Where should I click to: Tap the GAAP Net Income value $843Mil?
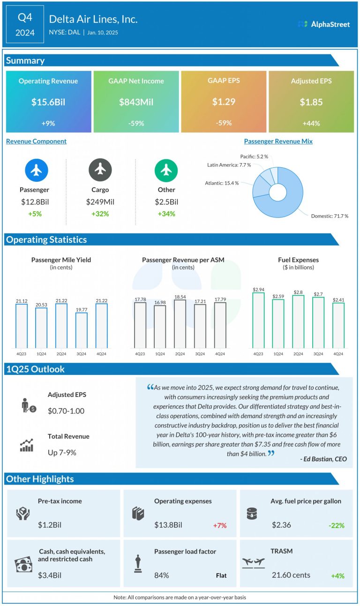[x=136, y=102]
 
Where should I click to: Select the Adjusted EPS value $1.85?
[x=311, y=102]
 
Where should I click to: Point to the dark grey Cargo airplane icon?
[x=100, y=170]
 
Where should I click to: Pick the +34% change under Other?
[x=166, y=214]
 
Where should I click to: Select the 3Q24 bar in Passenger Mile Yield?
[x=82, y=329]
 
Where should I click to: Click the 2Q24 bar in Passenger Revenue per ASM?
[x=180, y=323]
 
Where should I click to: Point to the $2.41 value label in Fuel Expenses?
[x=338, y=299]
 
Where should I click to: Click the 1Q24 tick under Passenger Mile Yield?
[x=41, y=353]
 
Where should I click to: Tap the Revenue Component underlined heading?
[x=36, y=141]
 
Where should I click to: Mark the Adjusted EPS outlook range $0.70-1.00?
[x=66, y=411]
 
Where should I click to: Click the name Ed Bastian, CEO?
[x=323, y=459]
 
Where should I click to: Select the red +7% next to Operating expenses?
[x=219, y=525]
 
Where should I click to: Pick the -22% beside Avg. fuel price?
[x=336, y=525]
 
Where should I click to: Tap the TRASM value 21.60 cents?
[x=291, y=575]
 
